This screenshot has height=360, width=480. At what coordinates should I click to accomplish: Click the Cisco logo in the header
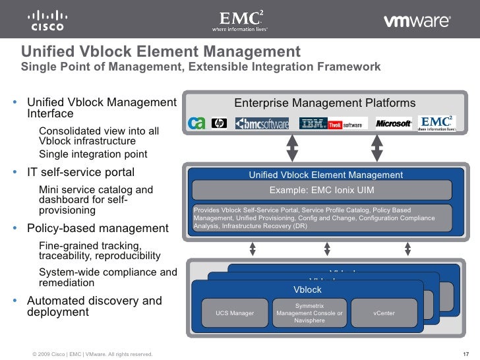pos(47,20)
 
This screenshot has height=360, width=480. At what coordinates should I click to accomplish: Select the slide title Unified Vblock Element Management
pos(161,51)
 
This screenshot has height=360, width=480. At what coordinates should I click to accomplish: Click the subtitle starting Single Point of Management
pos(200,67)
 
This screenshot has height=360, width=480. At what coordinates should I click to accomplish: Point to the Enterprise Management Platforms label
pos(324,103)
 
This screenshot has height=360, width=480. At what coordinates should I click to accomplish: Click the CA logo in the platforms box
pos(197,123)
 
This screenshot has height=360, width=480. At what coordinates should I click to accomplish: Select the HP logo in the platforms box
pos(220,123)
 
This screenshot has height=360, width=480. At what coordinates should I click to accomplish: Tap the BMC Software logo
pos(262,123)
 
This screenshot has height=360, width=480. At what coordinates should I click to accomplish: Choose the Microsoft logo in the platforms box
pos(394,123)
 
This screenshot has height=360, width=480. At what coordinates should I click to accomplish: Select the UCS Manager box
pos(235,313)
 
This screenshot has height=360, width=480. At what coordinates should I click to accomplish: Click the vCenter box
pos(384,313)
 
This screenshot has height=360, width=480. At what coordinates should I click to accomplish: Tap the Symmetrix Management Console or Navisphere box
pos(309,313)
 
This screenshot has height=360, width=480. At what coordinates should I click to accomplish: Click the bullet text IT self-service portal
pos(80,172)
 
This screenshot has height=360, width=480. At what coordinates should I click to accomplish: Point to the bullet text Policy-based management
pos(98,228)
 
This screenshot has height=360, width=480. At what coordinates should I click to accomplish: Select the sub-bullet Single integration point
pos(93,154)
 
